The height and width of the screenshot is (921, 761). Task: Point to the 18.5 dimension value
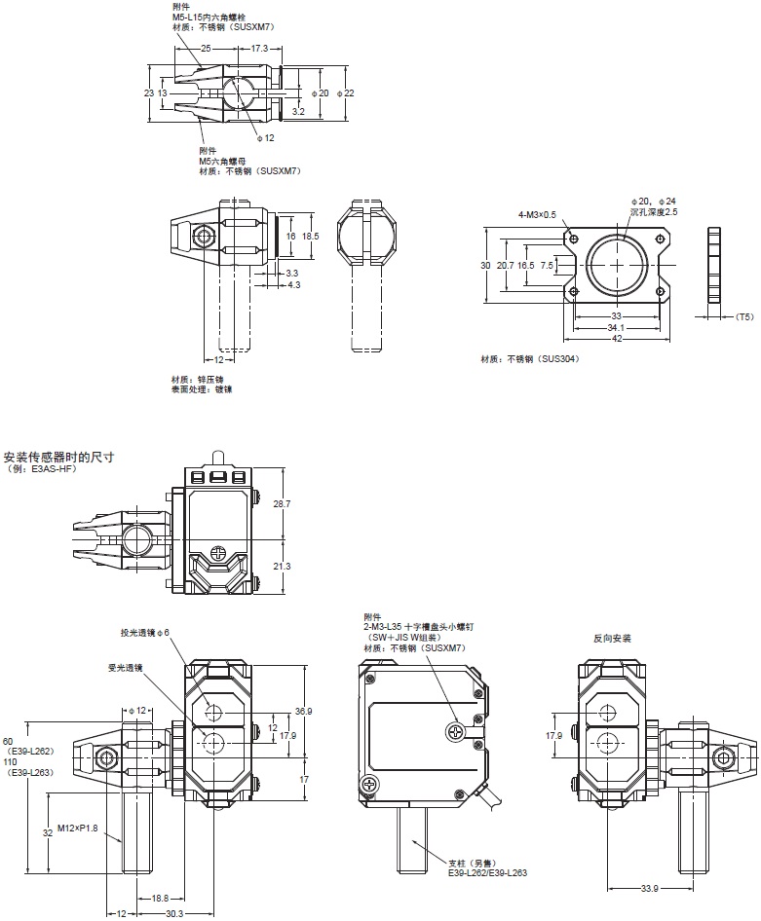click(311, 237)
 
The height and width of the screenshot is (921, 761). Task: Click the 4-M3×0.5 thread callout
click(537, 214)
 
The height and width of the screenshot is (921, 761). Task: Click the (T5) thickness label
click(744, 316)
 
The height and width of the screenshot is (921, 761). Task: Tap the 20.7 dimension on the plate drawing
click(505, 265)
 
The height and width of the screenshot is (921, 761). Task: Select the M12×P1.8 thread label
click(77, 828)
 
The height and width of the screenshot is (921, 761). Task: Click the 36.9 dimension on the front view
click(305, 711)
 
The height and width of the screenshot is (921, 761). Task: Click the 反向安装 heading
click(613, 640)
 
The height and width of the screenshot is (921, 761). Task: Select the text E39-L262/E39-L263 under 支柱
click(487, 873)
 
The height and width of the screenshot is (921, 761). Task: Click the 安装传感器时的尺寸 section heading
click(58, 457)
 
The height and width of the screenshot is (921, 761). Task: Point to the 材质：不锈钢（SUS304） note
click(529, 358)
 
